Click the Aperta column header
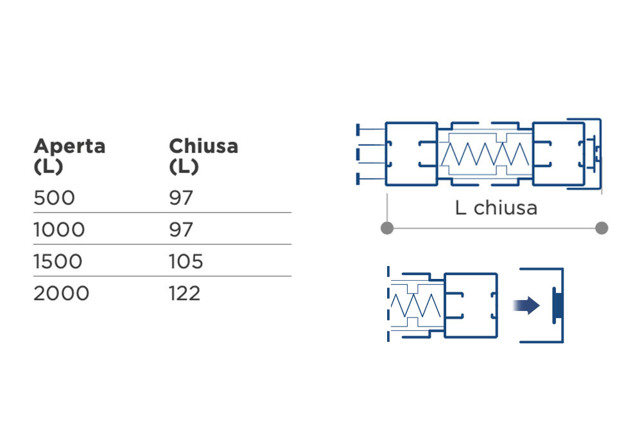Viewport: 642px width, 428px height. tap(69, 156)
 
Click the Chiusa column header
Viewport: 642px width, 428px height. tap(204, 156)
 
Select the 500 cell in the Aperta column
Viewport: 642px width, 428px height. tap(55, 198)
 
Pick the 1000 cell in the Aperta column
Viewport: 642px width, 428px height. tap(59, 229)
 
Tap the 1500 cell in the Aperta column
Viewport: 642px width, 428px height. tap(58, 262)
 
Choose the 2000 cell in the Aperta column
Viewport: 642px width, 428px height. tap(62, 294)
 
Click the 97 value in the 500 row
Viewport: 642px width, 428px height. tap(181, 198)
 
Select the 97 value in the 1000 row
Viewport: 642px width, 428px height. tap(181, 229)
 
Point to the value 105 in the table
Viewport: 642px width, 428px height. tap(186, 262)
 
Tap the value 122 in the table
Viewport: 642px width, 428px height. tap(185, 294)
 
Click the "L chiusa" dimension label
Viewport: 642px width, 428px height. tap(496, 208)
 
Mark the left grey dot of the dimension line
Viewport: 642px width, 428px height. tap(387, 228)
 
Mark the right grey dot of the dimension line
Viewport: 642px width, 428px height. tap(602, 228)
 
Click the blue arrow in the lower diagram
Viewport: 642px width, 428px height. tap(526, 305)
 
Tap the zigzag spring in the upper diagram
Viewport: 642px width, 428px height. tap(485, 154)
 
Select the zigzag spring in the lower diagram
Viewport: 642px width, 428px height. tap(415, 306)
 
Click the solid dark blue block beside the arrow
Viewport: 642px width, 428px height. tap(557, 305)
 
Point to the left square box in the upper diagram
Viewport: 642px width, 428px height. tap(412, 154)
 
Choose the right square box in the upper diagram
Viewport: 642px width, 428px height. tap(559, 154)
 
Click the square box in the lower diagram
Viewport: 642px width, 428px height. tap(471, 305)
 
